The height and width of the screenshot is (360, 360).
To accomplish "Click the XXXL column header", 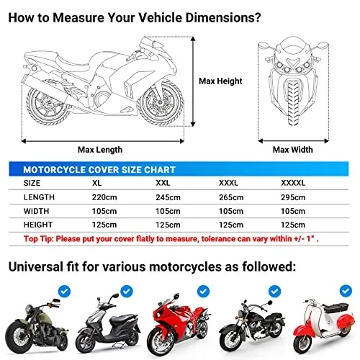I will click(229, 184).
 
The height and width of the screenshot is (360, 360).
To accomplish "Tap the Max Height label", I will click(220, 81).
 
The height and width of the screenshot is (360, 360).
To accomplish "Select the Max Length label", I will click(99, 150).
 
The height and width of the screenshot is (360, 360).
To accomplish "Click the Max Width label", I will click(292, 150).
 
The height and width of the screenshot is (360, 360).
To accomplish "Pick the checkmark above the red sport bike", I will click(196, 290).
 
